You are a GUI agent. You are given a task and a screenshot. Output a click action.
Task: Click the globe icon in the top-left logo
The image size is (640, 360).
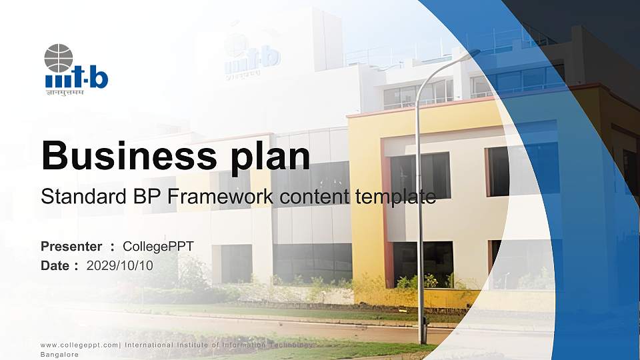[x=58, y=58]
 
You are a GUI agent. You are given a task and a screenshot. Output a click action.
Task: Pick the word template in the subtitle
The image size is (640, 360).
[x=395, y=197]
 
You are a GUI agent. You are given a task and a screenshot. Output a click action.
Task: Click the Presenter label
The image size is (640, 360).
[x=71, y=247]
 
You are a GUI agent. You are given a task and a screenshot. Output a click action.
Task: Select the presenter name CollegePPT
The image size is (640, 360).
[x=159, y=247]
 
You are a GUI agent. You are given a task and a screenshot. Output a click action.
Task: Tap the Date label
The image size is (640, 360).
[x=55, y=265]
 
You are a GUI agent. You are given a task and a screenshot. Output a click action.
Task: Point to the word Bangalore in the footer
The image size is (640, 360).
[x=60, y=355]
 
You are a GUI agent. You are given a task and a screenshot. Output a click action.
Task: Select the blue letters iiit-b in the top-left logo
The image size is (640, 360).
[x=77, y=79]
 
